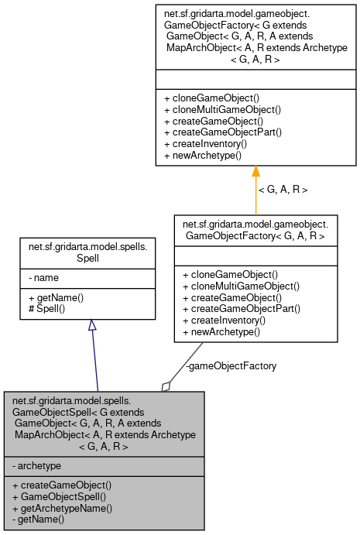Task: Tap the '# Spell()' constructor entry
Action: pos(48,309)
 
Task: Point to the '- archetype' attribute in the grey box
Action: pos(37,465)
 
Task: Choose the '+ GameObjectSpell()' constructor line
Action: pos(62,497)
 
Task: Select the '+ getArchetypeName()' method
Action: pos(63,509)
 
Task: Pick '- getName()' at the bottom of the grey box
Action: pos(39,520)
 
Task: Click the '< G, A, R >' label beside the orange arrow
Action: pos(283,189)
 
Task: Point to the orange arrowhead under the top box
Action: pos(255,172)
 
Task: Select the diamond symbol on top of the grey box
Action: pos(166,385)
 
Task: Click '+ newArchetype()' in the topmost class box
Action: pos(203,155)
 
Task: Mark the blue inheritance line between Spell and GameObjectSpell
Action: pos(94,360)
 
